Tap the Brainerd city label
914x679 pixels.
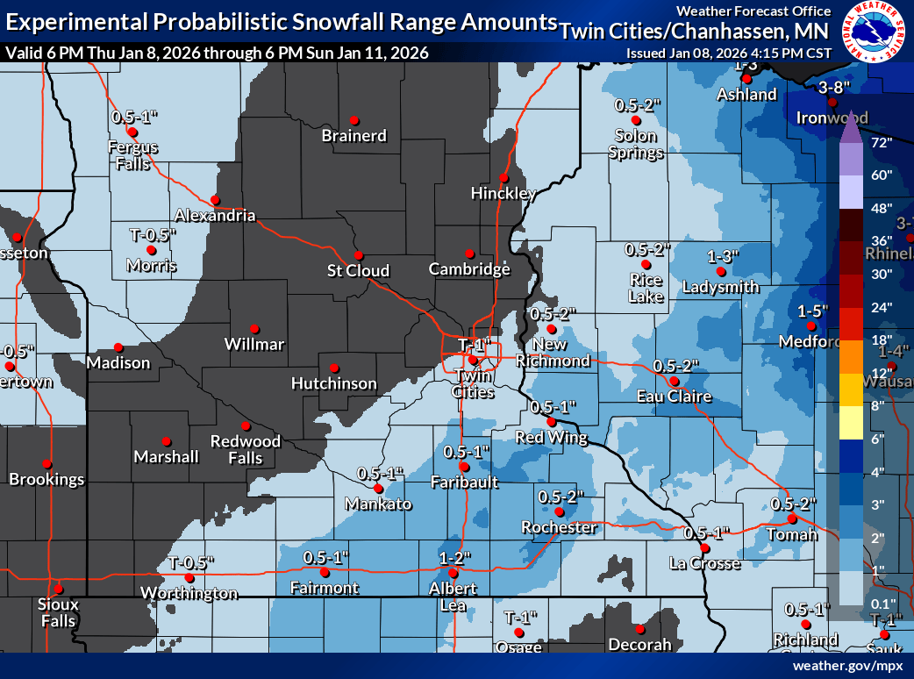(353, 136)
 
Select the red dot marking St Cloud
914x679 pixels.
(358, 254)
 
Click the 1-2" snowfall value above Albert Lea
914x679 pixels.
(456, 557)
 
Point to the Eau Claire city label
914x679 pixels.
(674, 397)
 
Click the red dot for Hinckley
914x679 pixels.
(503, 176)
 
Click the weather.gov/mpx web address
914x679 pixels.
(846, 666)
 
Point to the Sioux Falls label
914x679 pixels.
(58, 612)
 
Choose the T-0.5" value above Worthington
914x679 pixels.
(191, 562)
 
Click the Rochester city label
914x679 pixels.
(559, 527)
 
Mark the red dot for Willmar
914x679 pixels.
(255, 328)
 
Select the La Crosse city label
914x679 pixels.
(704, 563)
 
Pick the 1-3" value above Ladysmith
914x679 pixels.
(722, 256)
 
